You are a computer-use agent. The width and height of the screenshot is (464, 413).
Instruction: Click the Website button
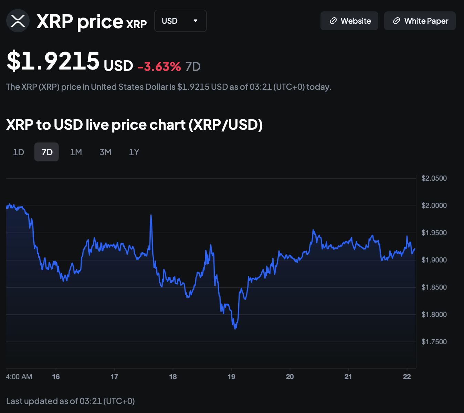(349, 21)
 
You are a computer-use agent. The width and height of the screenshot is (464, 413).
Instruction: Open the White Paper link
(420, 21)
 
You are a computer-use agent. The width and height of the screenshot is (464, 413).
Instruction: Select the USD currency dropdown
(180, 21)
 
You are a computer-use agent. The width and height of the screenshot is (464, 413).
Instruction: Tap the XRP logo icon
(18, 21)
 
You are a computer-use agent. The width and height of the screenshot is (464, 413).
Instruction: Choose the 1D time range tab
(19, 152)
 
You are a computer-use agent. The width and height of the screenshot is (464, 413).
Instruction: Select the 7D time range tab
(47, 152)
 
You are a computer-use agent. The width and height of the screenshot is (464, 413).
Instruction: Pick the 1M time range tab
(76, 152)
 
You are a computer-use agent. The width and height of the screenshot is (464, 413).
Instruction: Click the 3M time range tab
(105, 152)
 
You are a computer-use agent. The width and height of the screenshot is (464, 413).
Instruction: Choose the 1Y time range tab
(134, 152)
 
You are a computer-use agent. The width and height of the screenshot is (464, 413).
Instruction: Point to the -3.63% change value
(159, 66)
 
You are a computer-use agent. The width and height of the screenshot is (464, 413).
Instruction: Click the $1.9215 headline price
(53, 61)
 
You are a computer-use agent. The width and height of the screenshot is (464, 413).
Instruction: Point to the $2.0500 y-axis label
(434, 178)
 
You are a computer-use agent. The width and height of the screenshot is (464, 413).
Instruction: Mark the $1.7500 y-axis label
(434, 342)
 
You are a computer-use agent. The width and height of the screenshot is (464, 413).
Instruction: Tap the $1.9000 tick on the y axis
(434, 260)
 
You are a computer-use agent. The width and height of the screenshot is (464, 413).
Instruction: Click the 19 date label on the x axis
(232, 377)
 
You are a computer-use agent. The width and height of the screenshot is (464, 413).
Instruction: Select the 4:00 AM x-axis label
(19, 377)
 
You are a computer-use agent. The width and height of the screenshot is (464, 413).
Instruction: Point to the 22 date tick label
(407, 377)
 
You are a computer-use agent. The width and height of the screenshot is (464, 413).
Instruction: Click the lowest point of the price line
(235, 328)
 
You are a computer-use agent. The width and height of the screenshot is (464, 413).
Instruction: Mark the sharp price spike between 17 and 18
(151, 216)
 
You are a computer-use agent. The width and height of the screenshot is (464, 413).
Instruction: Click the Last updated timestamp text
(71, 401)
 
